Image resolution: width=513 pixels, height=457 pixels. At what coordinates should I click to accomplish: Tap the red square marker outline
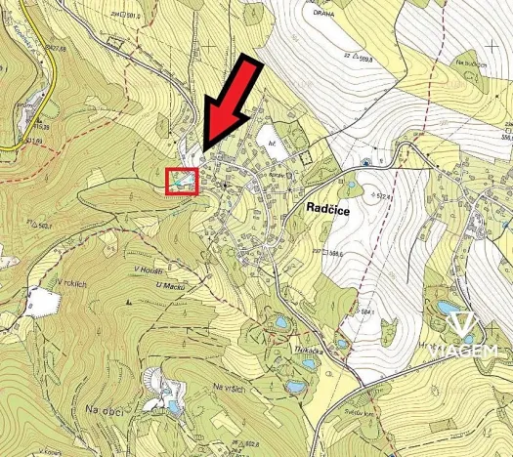(x=182, y=181)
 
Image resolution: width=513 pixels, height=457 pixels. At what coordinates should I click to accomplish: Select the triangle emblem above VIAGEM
(x=466, y=327)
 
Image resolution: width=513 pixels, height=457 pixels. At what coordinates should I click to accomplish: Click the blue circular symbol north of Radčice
(x=365, y=162)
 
